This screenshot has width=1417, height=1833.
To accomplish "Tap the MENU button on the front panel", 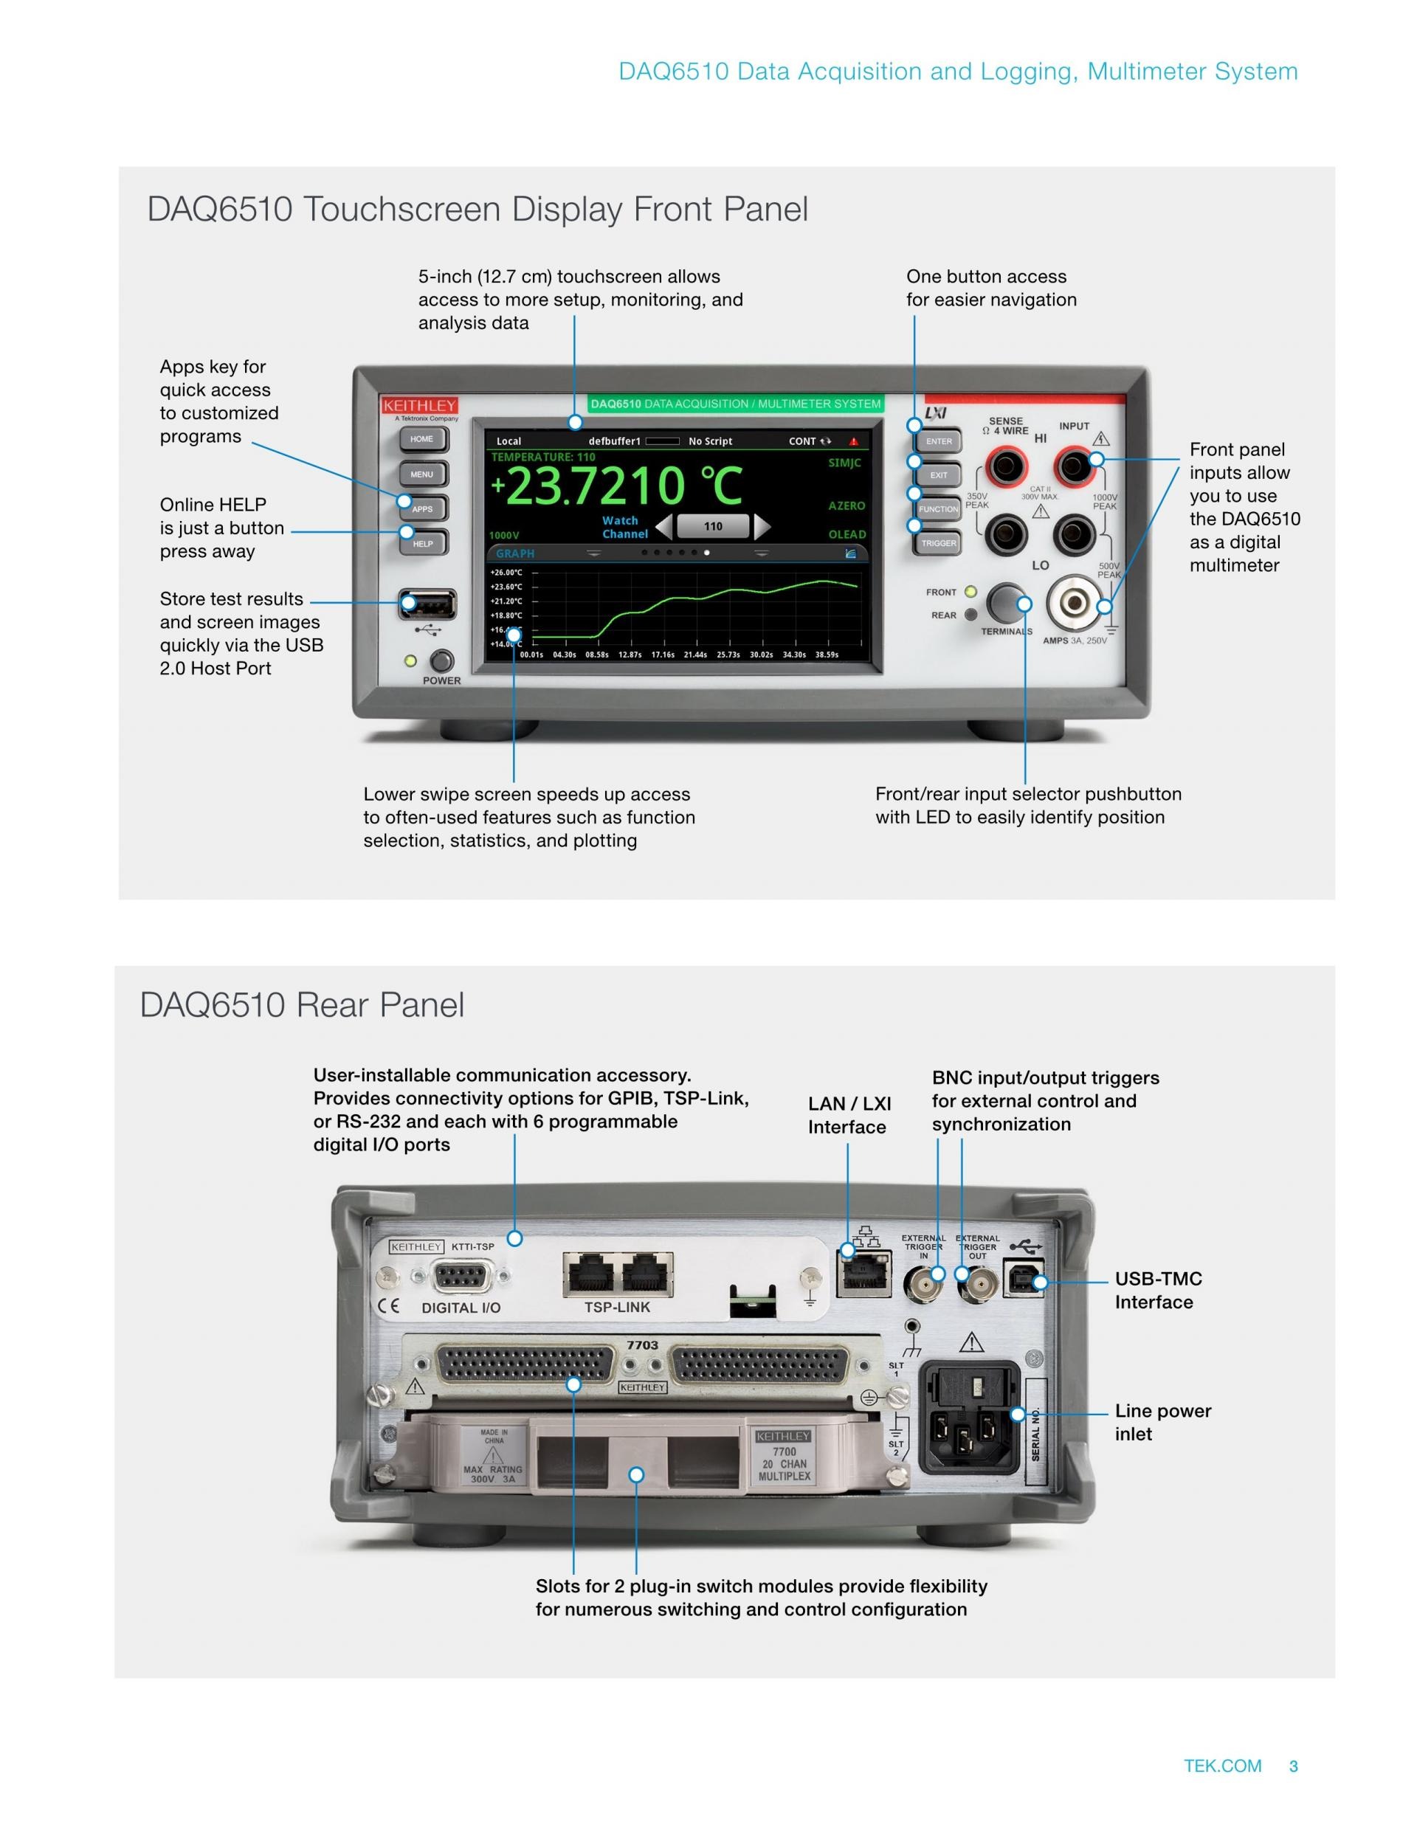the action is point(422,474).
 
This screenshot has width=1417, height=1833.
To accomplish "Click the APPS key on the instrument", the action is point(423,508).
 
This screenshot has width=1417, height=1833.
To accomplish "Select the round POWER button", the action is point(441,660).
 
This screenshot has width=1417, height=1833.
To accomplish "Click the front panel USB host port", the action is point(428,604).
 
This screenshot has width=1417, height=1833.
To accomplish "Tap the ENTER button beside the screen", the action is point(939,441).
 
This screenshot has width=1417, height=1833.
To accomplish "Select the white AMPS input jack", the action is point(1075,604).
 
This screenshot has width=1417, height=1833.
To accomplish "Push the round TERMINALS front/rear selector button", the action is point(1006,603).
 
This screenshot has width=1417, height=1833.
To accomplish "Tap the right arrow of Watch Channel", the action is point(762,526).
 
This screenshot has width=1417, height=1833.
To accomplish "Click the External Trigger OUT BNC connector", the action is point(977,1283).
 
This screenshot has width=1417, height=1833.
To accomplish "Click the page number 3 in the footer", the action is point(1293,1766).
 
